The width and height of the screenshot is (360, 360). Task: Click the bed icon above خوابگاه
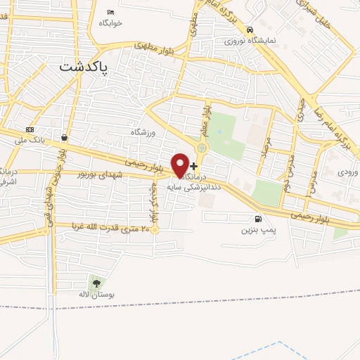[x=110, y=12]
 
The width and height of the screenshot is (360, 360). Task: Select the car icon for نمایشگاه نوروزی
[x=250, y=30]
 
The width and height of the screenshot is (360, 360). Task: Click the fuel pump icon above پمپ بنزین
[x=259, y=219]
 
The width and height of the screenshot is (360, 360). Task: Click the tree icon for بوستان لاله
[x=97, y=283]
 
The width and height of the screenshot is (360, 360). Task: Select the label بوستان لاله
[x=96, y=294]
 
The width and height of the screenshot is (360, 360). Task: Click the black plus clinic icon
[x=194, y=167]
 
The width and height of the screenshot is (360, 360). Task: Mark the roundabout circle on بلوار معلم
[x=202, y=148]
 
